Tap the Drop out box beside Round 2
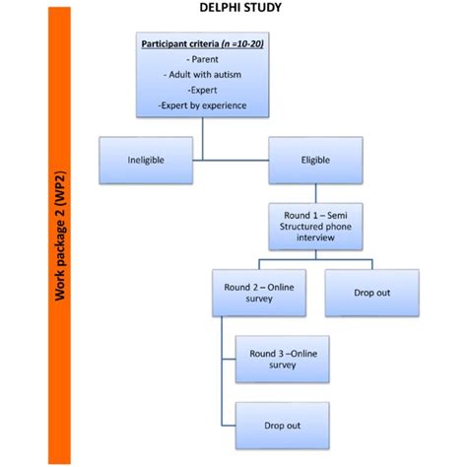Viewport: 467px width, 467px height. (x=364, y=292)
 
